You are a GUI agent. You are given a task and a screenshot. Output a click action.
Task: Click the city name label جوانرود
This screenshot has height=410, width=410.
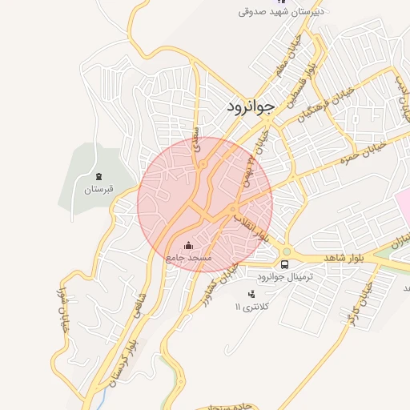pyautogui.click(x=251, y=105)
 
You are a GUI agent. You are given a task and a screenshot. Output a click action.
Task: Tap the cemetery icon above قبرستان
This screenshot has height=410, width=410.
pyautogui.click(x=99, y=176)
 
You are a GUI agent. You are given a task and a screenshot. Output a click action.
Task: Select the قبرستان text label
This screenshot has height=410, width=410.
pyautogui.click(x=100, y=190)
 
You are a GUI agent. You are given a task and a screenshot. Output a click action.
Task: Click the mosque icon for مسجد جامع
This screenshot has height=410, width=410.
pyautogui.click(x=188, y=245)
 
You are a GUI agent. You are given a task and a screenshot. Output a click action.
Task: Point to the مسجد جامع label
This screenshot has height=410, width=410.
pyautogui.click(x=188, y=258)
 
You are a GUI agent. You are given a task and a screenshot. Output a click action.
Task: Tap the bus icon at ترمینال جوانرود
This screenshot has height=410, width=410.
pyautogui.click(x=284, y=263)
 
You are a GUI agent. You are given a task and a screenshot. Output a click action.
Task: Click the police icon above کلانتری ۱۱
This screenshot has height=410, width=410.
pyautogui.click(x=252, y=294)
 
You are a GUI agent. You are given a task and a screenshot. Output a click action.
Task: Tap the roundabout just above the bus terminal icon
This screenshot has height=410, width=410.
pyautogui.click(x=286, y=252)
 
